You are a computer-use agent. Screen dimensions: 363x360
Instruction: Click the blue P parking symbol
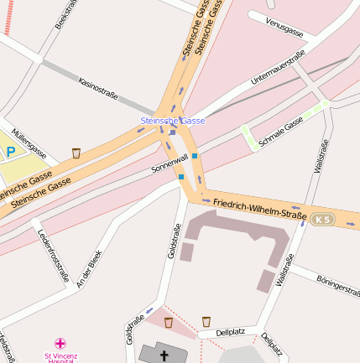click(x=11, y=152)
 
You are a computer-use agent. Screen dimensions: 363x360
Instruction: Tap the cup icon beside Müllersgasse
click(x=76, y=153)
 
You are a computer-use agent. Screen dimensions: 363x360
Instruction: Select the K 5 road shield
click(x=322, y=219)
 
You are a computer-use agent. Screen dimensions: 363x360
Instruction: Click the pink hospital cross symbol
click(x=60, y=343)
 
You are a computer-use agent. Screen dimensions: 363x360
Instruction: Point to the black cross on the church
click(x=164, y=356)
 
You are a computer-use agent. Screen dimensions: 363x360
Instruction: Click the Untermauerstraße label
click(x=278, y=70)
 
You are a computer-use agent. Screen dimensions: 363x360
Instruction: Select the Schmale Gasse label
click(x=281, y=133)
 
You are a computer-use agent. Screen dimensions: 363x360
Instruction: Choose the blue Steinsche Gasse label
click(x=172, y=122)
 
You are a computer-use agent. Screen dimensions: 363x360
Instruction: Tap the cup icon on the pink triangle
click(x=168, y=322)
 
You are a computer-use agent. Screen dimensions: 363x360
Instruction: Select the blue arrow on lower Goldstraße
click(x=149, y=310)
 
